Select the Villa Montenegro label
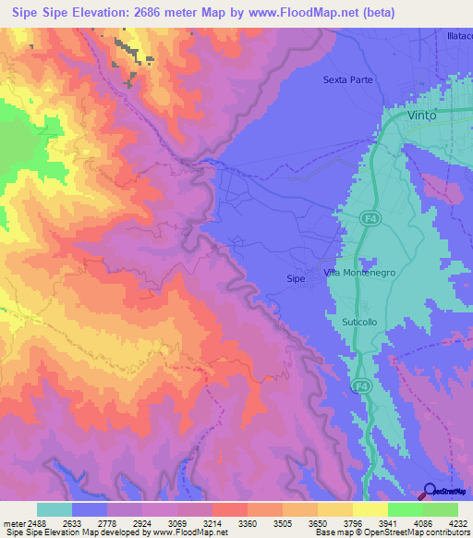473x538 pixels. pos(359,273)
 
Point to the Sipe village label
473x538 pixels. pos(296,277)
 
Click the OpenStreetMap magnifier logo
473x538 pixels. pos(430,491)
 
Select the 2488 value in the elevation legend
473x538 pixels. pos(37,523)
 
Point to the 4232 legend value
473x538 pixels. pos(458,523)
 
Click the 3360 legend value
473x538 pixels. pos(248,523)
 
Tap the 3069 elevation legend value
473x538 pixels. pos(177,523)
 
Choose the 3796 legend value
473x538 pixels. pos(353,523)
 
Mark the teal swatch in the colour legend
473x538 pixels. pos(55,509)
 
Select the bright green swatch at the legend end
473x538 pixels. pos(441,509)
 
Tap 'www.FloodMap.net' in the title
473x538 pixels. pos(309,13)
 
